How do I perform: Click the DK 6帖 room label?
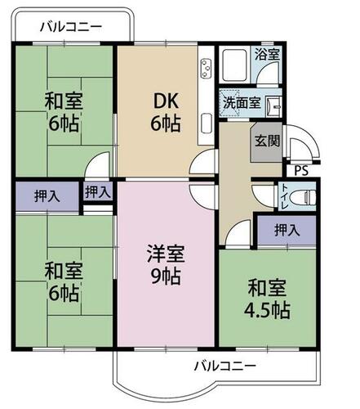point(166,112)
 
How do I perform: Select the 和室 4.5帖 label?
point(267,299)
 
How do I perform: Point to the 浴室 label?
point(267,54)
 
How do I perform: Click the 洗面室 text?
point(242,103)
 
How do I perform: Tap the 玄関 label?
point(267,141)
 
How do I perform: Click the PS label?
point(301,171)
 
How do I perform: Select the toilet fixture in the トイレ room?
point(304,196)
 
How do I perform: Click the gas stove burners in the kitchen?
point(206,68)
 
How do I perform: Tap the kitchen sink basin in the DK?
point(207,124)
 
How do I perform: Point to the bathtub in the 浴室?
point(234,66)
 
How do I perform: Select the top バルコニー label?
point(71,27)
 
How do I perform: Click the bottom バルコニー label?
point(225,366)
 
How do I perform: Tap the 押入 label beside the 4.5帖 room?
point(287,230)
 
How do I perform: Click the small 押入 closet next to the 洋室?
point(98,191)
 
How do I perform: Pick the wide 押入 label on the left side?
point(47,196)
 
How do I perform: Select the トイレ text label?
point(284,196)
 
